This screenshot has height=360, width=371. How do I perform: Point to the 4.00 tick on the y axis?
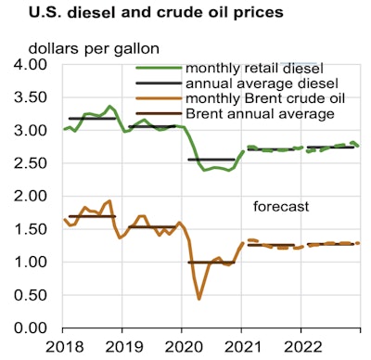tap(32, 66)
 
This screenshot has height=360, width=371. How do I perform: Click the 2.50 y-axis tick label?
tap(32, 164)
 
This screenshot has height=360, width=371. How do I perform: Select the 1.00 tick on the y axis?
tap(32, 263)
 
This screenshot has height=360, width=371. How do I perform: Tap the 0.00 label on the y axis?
tap(32, 328)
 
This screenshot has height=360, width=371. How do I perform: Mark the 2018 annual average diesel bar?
tap(93, 119)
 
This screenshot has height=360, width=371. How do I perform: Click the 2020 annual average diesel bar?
tap(211, 160)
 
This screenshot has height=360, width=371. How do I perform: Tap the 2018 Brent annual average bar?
tap(93, 216)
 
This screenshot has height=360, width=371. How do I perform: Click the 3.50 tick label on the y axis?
tap(32, 98)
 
